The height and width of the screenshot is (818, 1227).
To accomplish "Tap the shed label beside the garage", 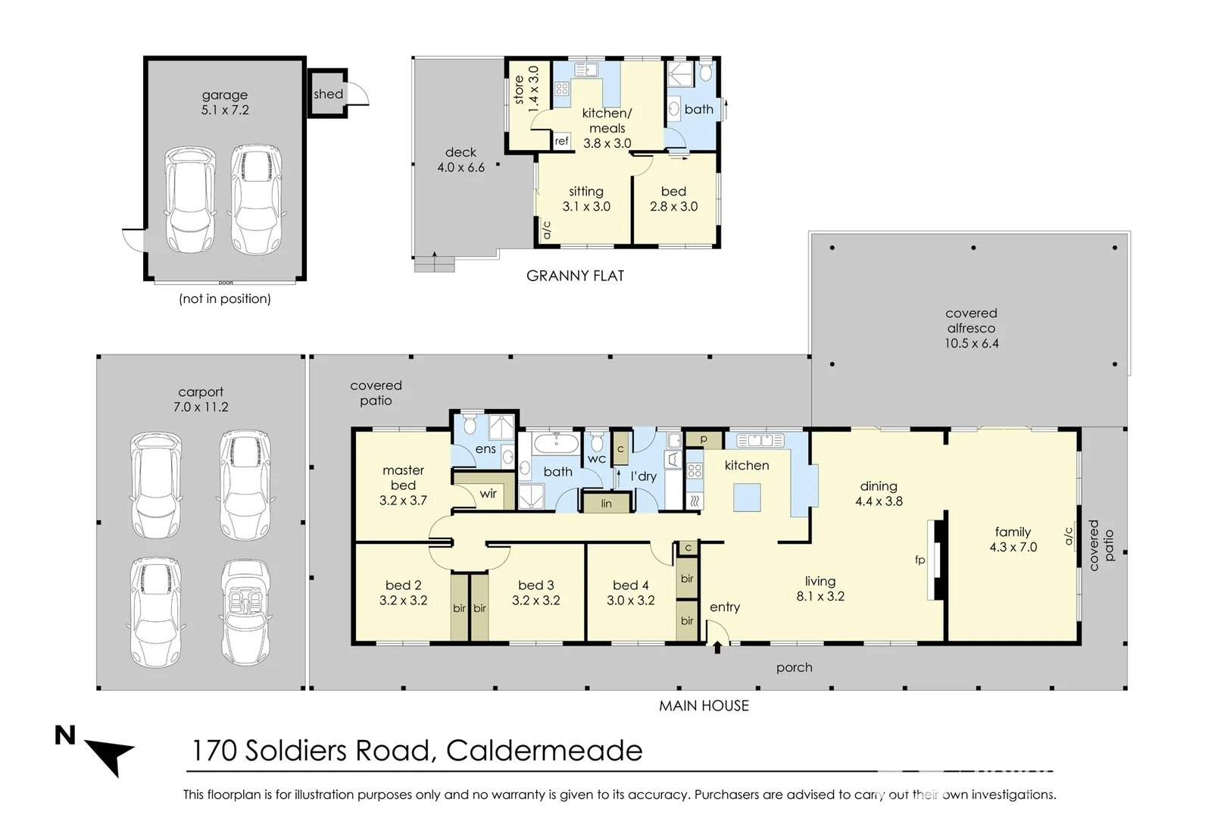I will [328, 94].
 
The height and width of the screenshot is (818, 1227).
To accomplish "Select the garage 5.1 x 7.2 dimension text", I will [225, 110].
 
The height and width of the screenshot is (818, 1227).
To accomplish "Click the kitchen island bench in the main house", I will [747, 498].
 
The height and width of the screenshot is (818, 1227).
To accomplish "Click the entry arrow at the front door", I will [717, 648].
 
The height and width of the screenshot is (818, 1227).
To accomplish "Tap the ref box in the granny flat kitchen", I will [561, 141].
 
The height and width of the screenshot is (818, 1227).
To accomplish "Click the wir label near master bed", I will [488, 494].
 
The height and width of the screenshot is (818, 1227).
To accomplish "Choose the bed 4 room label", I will [630, 585].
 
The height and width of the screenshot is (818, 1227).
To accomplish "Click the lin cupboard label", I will [606, 503].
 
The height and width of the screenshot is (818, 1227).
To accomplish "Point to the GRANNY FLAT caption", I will [575, 276].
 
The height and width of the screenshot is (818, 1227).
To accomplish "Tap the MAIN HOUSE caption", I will [704, 705].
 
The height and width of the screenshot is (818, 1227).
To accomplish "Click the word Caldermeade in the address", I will [544, 751].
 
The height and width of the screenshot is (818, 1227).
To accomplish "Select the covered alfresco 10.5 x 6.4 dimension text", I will [971, 343].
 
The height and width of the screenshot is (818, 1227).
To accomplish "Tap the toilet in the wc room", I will [597, 441].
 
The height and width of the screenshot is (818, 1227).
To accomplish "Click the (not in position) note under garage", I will [225, 298].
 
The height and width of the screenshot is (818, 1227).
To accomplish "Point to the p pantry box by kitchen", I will [704, 439].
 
